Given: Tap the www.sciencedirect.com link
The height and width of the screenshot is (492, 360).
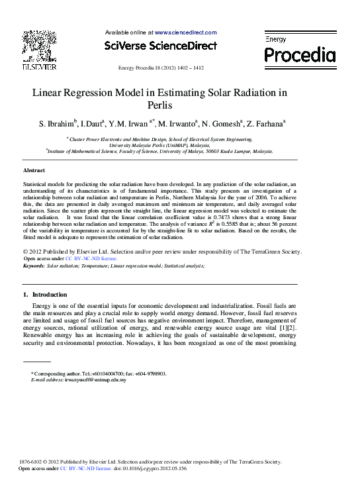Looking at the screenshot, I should tap(185, 32).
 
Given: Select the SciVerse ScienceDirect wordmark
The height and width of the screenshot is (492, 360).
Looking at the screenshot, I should tap(161, 46).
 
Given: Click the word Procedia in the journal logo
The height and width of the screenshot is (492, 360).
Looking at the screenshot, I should tap(300, 54).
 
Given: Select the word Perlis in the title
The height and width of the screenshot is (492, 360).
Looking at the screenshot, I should tap(161, 105).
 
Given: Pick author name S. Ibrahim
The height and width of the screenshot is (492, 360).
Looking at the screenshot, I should tap(58, 124).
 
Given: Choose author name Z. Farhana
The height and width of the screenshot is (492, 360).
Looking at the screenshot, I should tap(266, 124).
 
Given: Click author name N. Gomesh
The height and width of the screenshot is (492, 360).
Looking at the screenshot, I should tap(221, 124).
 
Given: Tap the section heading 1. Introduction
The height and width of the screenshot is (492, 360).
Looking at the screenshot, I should tap(44, 294).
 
